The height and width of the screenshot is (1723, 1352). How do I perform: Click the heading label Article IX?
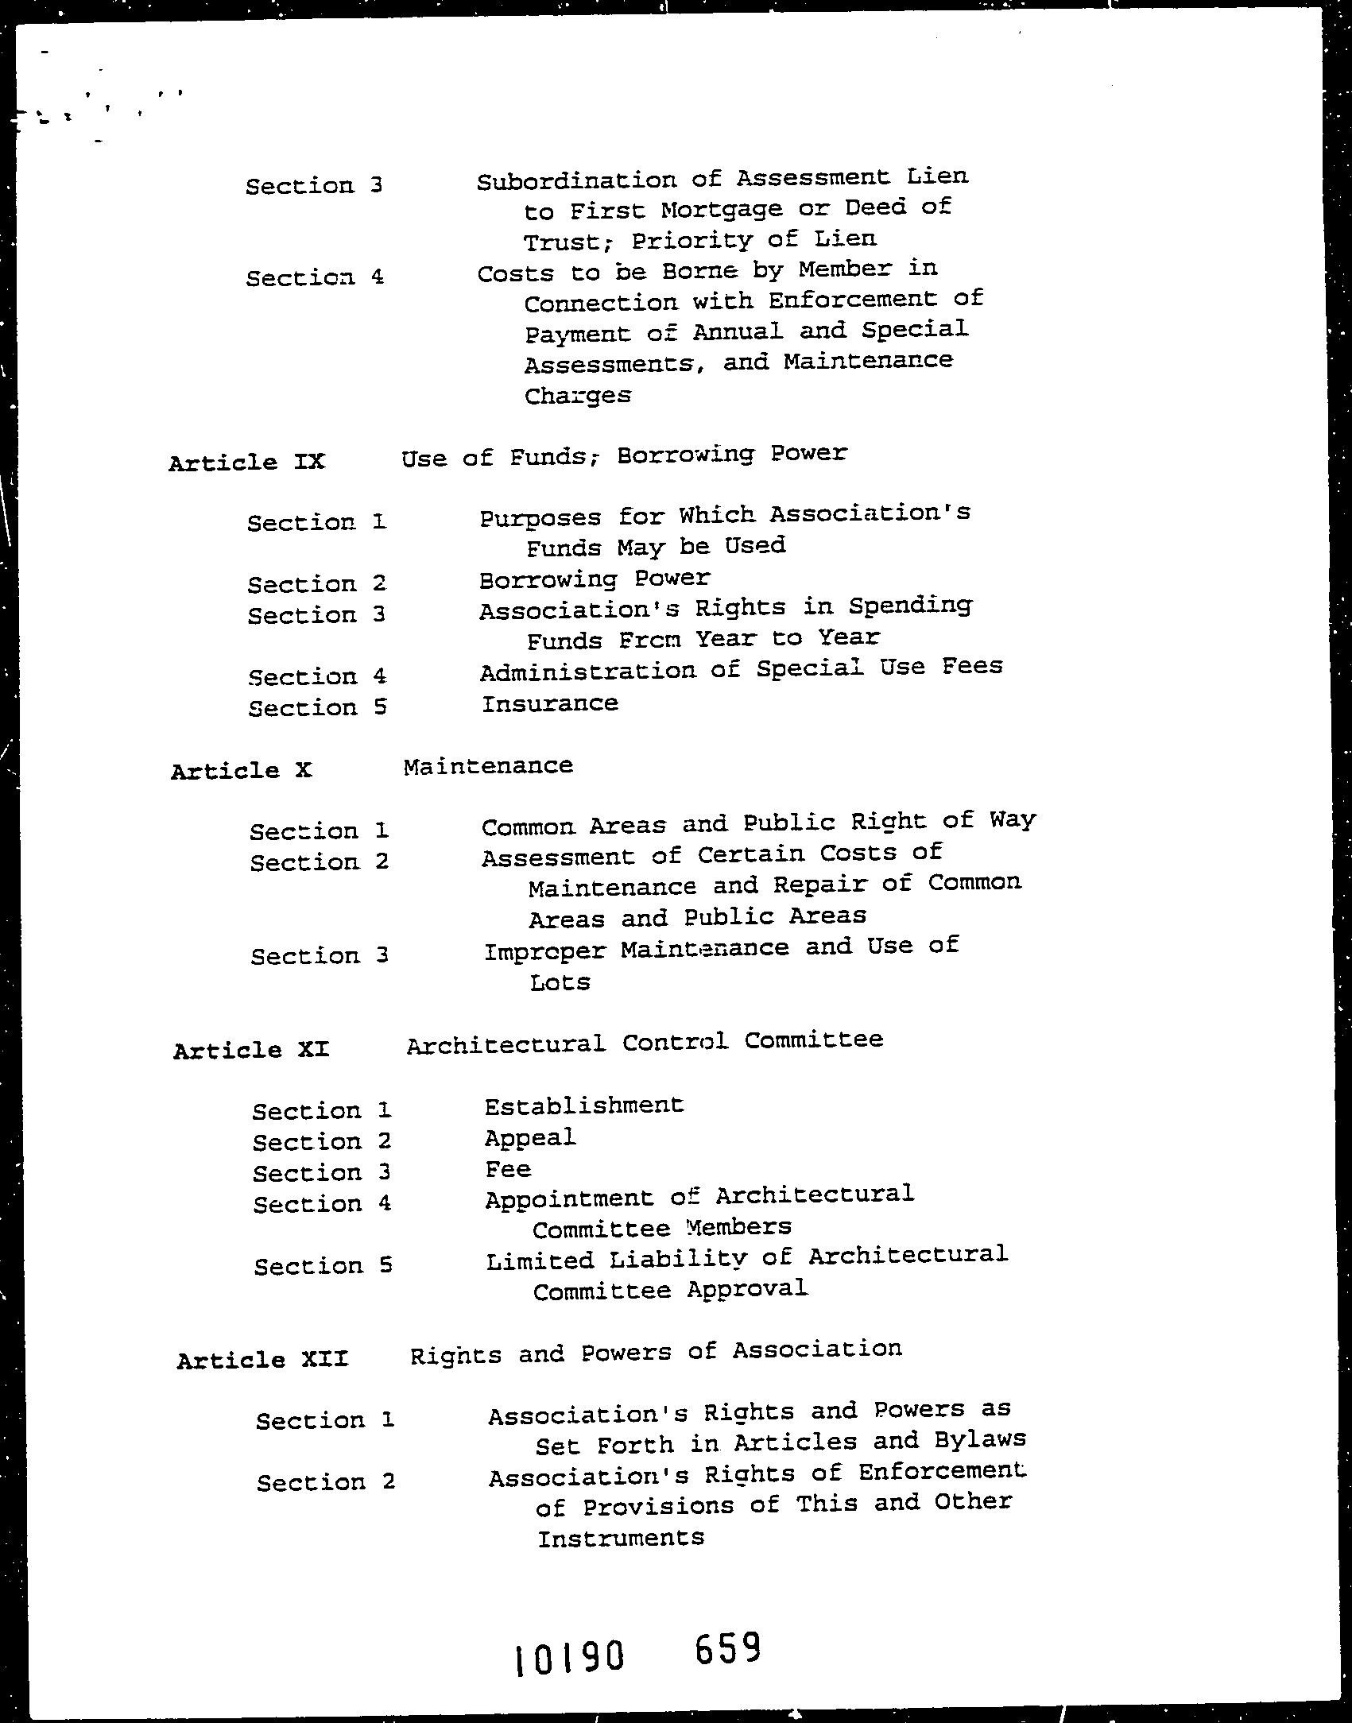(246, 462)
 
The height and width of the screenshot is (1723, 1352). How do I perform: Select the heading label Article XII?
(262, 1360)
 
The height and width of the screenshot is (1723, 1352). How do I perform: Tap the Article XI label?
(250, 1050)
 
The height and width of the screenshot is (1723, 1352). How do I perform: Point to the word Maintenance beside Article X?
(488, 766)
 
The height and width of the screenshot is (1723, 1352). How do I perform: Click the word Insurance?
(549, 703)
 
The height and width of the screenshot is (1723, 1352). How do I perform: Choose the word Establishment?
(583, 1105)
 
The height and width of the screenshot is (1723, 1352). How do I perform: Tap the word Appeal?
(529, 1138)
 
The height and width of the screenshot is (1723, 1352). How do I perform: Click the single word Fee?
(508, 1169)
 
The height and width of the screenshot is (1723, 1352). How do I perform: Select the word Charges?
(577, 395)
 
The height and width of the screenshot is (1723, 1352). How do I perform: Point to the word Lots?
(560, 982)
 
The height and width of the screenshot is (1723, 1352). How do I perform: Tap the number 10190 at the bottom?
(568, 1658)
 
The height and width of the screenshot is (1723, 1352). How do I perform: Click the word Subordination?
(577, 180)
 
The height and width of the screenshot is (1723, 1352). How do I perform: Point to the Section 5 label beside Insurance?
(317, 707)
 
